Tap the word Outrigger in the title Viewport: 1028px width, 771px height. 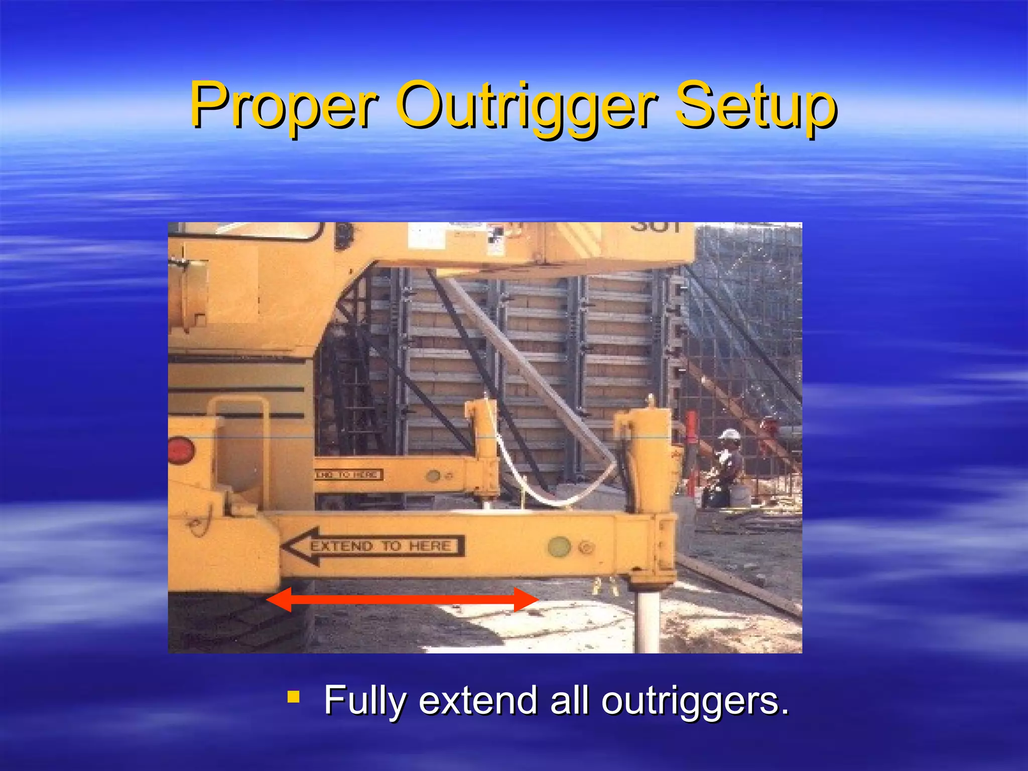[x=527, y=106]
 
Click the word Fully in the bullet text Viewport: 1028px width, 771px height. [x=364, y=700]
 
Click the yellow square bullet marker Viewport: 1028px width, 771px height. [x=294, y=697]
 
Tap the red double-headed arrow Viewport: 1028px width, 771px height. [x=402, y=599]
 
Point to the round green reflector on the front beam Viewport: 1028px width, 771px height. [x=559, y=546]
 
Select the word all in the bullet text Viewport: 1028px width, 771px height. [x=569, y=700]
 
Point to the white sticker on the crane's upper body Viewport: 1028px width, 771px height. [x=426, y=236]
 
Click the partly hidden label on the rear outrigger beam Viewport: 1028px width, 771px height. [x=349, y=474]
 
